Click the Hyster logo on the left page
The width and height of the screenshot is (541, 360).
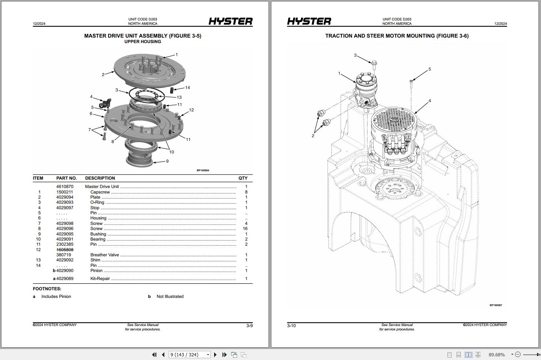(231, 22)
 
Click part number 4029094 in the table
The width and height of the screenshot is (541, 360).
(65, 197)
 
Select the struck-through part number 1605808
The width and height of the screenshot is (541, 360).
(65, 250)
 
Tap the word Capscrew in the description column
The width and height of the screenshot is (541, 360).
(100, 192)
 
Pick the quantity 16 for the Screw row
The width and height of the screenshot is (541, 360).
(245, 229)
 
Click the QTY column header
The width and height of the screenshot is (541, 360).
(243, 178)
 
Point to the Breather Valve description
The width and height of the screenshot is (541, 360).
(104, 255)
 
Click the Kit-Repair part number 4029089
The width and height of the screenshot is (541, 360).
(65, 279)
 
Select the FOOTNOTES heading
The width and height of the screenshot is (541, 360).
(47, 289)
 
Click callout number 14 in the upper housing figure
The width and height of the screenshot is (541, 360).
(187, 88)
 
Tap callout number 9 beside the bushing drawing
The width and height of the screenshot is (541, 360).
(167, 161)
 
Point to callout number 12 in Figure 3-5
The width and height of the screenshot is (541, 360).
(191, 110)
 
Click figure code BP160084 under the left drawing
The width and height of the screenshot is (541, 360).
(203, 171)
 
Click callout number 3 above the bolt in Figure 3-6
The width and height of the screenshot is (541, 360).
(355, 55)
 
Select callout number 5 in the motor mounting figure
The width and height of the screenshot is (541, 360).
(430, 69)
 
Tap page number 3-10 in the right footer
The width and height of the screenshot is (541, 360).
(292, 326)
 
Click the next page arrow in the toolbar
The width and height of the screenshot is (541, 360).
(215, 355)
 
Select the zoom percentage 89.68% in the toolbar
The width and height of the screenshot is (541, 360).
(496, 355)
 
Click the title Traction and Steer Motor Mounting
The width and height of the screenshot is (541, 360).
(397, 36)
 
